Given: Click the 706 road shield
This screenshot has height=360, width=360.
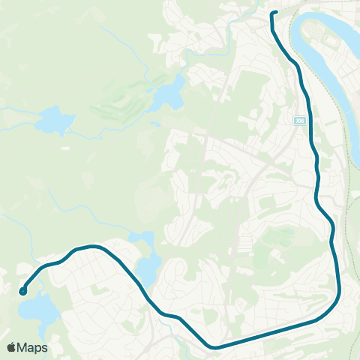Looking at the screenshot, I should coord(300,119).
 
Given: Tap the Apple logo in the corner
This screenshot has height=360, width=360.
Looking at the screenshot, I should coord(12,347).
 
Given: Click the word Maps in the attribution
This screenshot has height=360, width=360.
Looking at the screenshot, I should coord(33,347).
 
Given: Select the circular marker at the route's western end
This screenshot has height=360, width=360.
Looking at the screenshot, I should coord(23,291).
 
